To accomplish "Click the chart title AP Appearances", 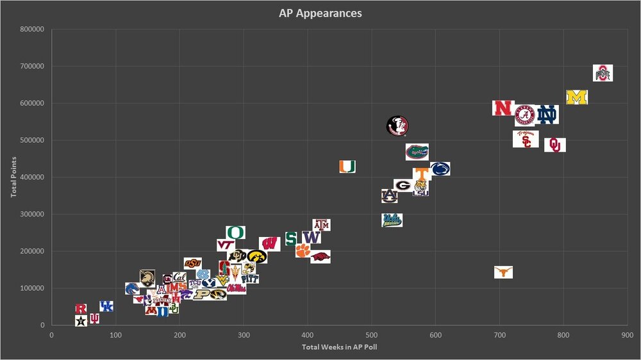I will (x=320, y=13).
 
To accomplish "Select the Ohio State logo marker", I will (x=603, y=73).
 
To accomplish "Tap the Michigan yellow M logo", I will (x=577, y=97).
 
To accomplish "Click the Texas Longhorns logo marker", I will (x=503, y=272).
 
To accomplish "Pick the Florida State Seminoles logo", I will (x=397, y=126).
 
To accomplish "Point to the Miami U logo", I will (x=347, y=167).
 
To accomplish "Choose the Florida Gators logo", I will (x=417, y=152).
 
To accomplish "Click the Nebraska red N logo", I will (x=503, y=108).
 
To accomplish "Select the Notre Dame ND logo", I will (x=547, y=115).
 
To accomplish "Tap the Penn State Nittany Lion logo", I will (x=440, y=168).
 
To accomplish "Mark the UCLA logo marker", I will (x=392, y=220).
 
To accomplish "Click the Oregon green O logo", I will (x=235, y=233).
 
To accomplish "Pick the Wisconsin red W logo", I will (x=269, y=244).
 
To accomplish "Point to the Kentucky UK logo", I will (x=106, y=307).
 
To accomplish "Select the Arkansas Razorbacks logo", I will (x=320, y=257).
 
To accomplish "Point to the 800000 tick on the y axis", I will (x=31, y=29).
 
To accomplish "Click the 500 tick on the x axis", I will (x=371, y=334).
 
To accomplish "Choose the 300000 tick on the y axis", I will (x=31, y=215).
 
